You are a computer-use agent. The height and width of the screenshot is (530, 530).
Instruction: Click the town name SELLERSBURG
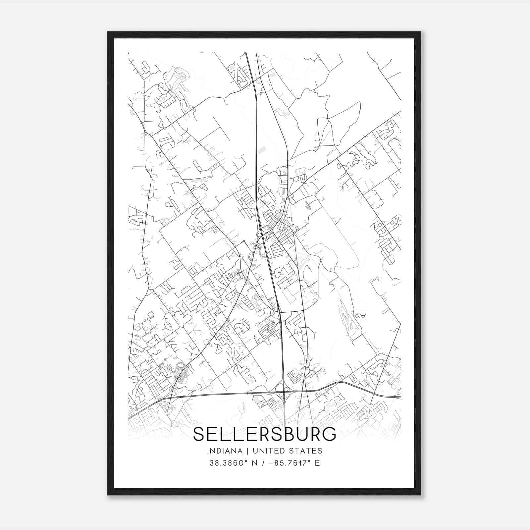(264, 434)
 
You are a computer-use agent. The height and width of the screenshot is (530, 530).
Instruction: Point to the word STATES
(307, 451)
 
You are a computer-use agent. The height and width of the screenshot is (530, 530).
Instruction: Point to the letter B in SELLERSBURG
(285, 434)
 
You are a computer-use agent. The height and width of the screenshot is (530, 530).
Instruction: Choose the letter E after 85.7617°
(317, 463)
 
